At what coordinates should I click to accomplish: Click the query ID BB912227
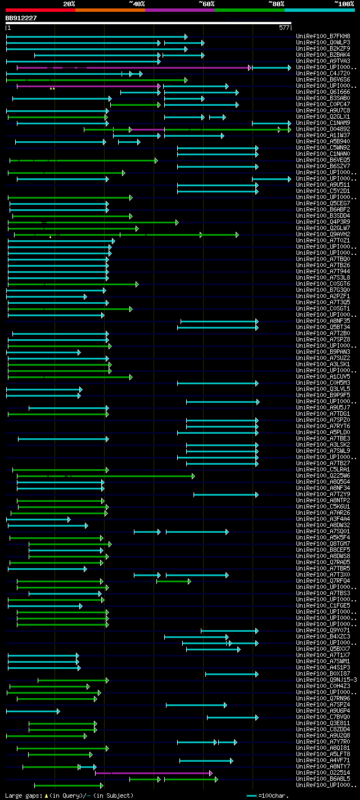click(21, 18)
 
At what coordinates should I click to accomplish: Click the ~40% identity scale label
click(137, 3)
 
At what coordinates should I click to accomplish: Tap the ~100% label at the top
click(344, 3)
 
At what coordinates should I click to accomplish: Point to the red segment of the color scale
click(39, 10)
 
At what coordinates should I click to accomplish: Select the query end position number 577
click(284, 28)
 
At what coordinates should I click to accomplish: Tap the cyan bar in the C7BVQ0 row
click(232, 717)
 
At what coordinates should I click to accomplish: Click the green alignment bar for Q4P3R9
click(93, 222)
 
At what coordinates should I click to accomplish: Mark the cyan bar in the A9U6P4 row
click(32, 711)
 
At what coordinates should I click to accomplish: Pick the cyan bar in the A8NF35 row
click(218, 321)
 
